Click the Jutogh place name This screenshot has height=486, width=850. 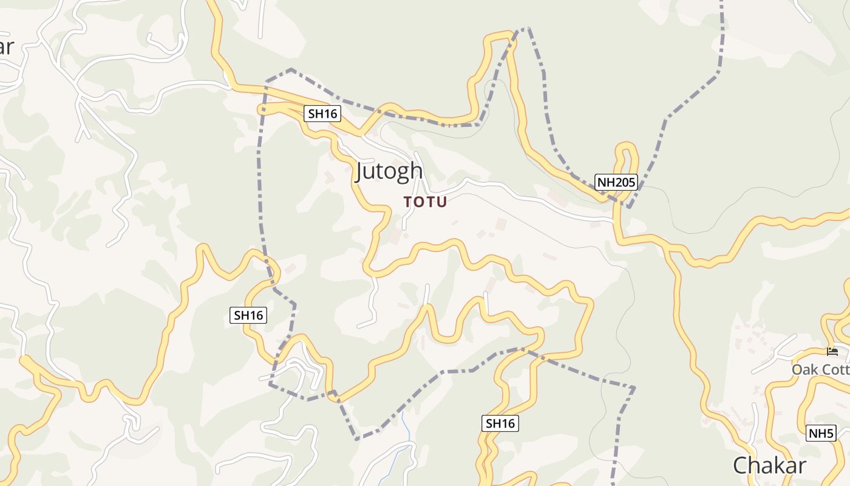[x=389, y=171]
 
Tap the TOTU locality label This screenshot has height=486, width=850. [x=425, y=202]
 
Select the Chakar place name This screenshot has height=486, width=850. [x=769, y=465]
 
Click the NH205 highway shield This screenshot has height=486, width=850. [x=616, y=182]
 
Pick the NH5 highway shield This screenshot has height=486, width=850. [x=821, y=433]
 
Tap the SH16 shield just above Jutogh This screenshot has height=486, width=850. [x=322, y=114]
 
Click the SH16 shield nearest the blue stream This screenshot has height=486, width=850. [x=500, y=423]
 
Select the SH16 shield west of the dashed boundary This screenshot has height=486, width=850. [x=249, y=315]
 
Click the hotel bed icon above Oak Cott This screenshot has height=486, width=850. [x=832, y=352]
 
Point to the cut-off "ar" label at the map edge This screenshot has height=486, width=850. [x=5, y=47]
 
